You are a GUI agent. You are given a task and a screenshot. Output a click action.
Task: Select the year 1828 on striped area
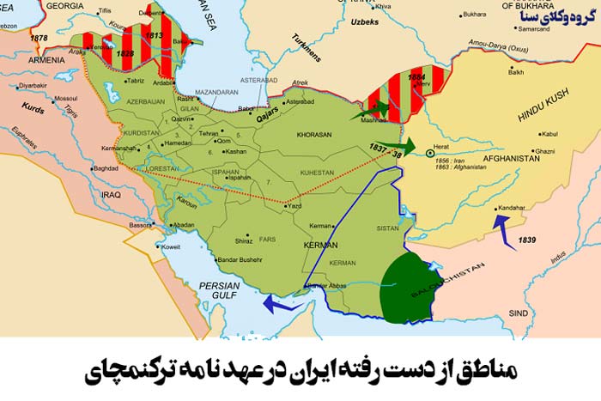pyautogui.click(x=126, y=54)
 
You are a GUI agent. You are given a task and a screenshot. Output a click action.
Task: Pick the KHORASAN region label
pyautogui.click(x=314, y=135)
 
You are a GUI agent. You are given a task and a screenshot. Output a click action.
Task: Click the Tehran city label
pyautogui.click(x=209, y=134)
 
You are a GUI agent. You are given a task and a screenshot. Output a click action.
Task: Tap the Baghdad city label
pyautogui.click(x=106, y=168)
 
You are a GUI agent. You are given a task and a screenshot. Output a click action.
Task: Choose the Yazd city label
pyautogui.click(x=294, y=207)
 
